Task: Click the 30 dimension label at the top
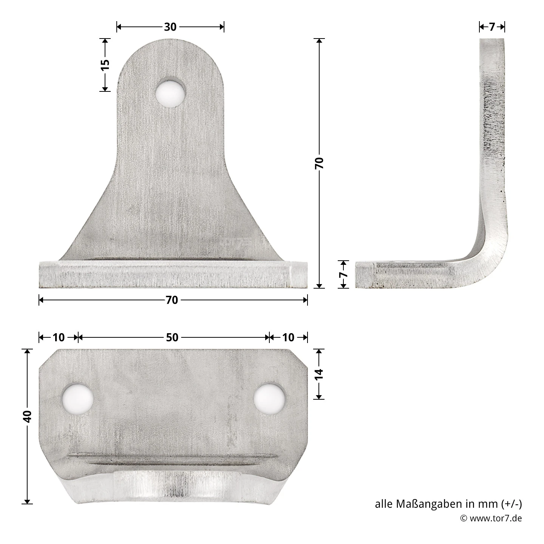[x=170, y=27]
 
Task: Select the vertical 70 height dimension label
[x=319, y=163]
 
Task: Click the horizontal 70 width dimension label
[x=172, y=300]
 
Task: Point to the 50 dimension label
[x=172, y=337]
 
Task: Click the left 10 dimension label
[x=59, y=337]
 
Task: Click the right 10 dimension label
[x=288, y=337]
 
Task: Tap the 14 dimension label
[x=319, y=374]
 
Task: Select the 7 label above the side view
[x=491, y=27]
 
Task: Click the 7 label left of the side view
[x=343, y=275]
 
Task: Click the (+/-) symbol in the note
[x=512, y=504]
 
